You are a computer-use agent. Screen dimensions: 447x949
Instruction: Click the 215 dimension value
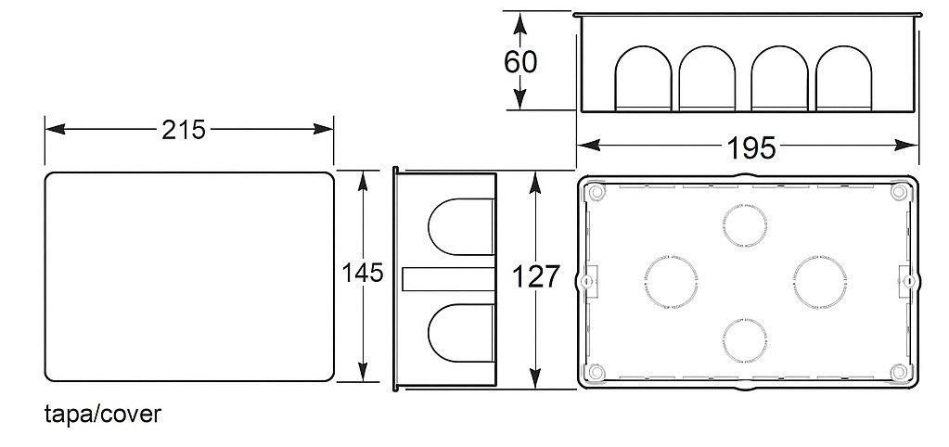184,130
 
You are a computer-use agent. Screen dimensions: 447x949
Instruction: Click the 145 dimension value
362,274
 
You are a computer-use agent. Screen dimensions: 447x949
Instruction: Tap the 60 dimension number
520,62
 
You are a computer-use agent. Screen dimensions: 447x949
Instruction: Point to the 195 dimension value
751,147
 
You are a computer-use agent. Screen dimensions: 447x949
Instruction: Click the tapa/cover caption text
102,414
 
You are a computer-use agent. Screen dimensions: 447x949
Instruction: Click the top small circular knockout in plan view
744,225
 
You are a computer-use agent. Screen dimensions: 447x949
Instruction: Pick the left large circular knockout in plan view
670,281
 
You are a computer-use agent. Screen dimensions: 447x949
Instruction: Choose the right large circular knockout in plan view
819,281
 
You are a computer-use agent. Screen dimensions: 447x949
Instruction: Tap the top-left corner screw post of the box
596,192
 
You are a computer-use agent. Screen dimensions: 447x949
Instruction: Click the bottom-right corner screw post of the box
898,373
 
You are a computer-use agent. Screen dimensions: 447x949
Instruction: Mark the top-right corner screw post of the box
898,192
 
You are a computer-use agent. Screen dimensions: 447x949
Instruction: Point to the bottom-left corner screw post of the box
596,373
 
